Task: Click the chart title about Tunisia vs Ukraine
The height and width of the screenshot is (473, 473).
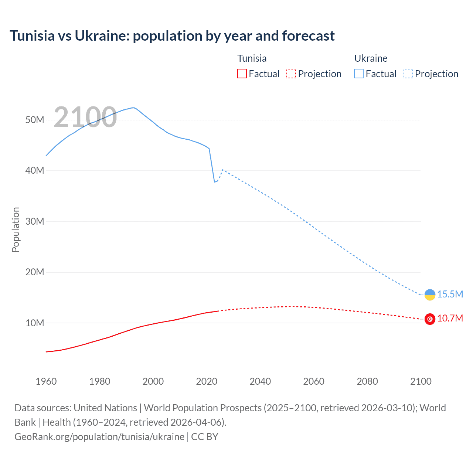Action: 172,36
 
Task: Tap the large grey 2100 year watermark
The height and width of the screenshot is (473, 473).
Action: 85,117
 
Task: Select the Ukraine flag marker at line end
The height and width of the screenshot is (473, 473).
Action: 430,295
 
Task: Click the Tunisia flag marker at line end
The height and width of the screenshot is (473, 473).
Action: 430,319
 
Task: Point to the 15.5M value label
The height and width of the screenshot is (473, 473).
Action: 450,294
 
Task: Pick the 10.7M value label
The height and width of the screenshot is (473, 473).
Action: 450,318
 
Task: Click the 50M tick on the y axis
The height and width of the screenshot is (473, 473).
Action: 35,120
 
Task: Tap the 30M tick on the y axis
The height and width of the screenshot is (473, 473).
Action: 35,221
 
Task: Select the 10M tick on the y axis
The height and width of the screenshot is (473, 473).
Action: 35,323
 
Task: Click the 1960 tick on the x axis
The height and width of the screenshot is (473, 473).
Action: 46,381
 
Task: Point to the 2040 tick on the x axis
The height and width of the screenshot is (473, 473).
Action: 260,381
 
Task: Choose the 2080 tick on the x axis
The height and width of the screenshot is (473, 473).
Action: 367,381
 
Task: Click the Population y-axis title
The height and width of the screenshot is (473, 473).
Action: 16,229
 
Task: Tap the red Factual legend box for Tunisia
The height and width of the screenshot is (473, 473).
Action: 242,74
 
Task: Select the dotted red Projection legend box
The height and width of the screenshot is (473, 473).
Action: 291,74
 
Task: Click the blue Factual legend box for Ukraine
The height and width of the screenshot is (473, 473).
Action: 359,74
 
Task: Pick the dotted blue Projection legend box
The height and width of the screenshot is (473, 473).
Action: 408,74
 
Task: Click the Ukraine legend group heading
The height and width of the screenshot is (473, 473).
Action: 371,58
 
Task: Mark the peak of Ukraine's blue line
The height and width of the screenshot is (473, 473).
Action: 133,108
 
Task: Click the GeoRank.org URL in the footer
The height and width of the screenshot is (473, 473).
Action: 99,437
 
